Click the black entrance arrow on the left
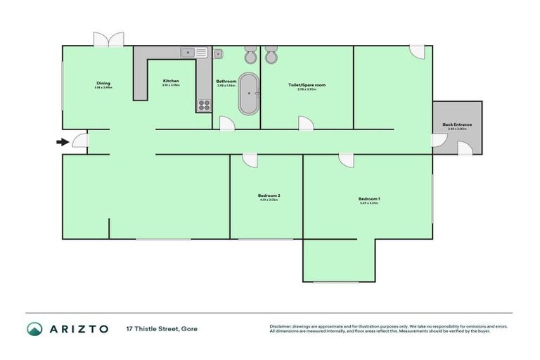point(63,142)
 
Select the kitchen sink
point(193,53)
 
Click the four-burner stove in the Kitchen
point(204,105)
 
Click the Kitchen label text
point(171,81)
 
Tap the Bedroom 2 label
point(269,195)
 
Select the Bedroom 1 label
point(369,199)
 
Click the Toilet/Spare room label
point(307,85)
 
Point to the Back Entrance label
point(457,125)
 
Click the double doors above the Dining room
point(110,39)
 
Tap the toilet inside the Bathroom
point(250,55)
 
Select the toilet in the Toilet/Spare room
point(271,55)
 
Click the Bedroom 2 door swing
point(251,160)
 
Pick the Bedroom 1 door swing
point(346,160)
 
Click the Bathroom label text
point(226,82)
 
